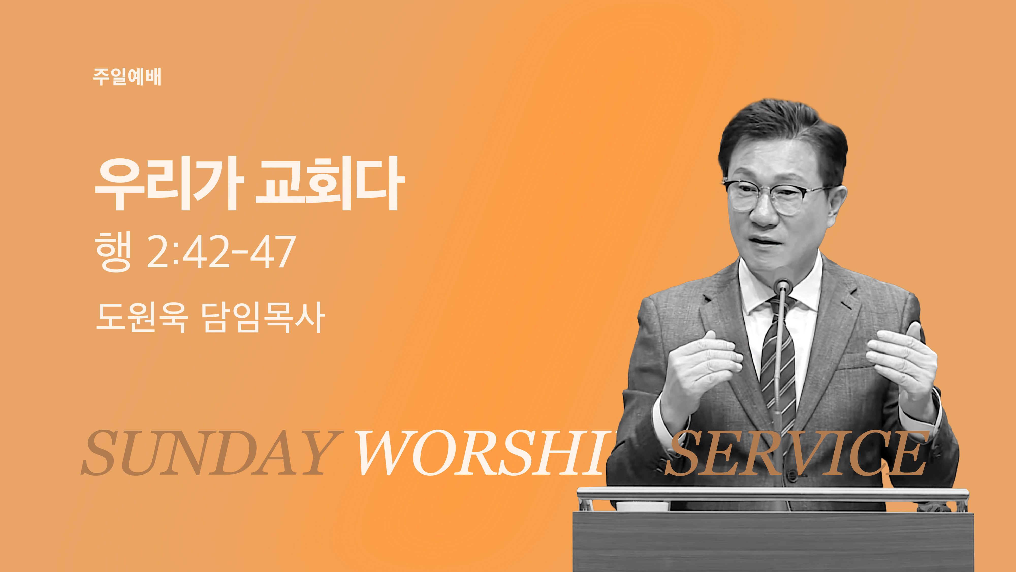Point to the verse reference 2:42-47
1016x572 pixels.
point(221,251)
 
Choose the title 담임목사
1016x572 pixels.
point(263,317)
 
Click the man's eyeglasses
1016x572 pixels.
point(775,196)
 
